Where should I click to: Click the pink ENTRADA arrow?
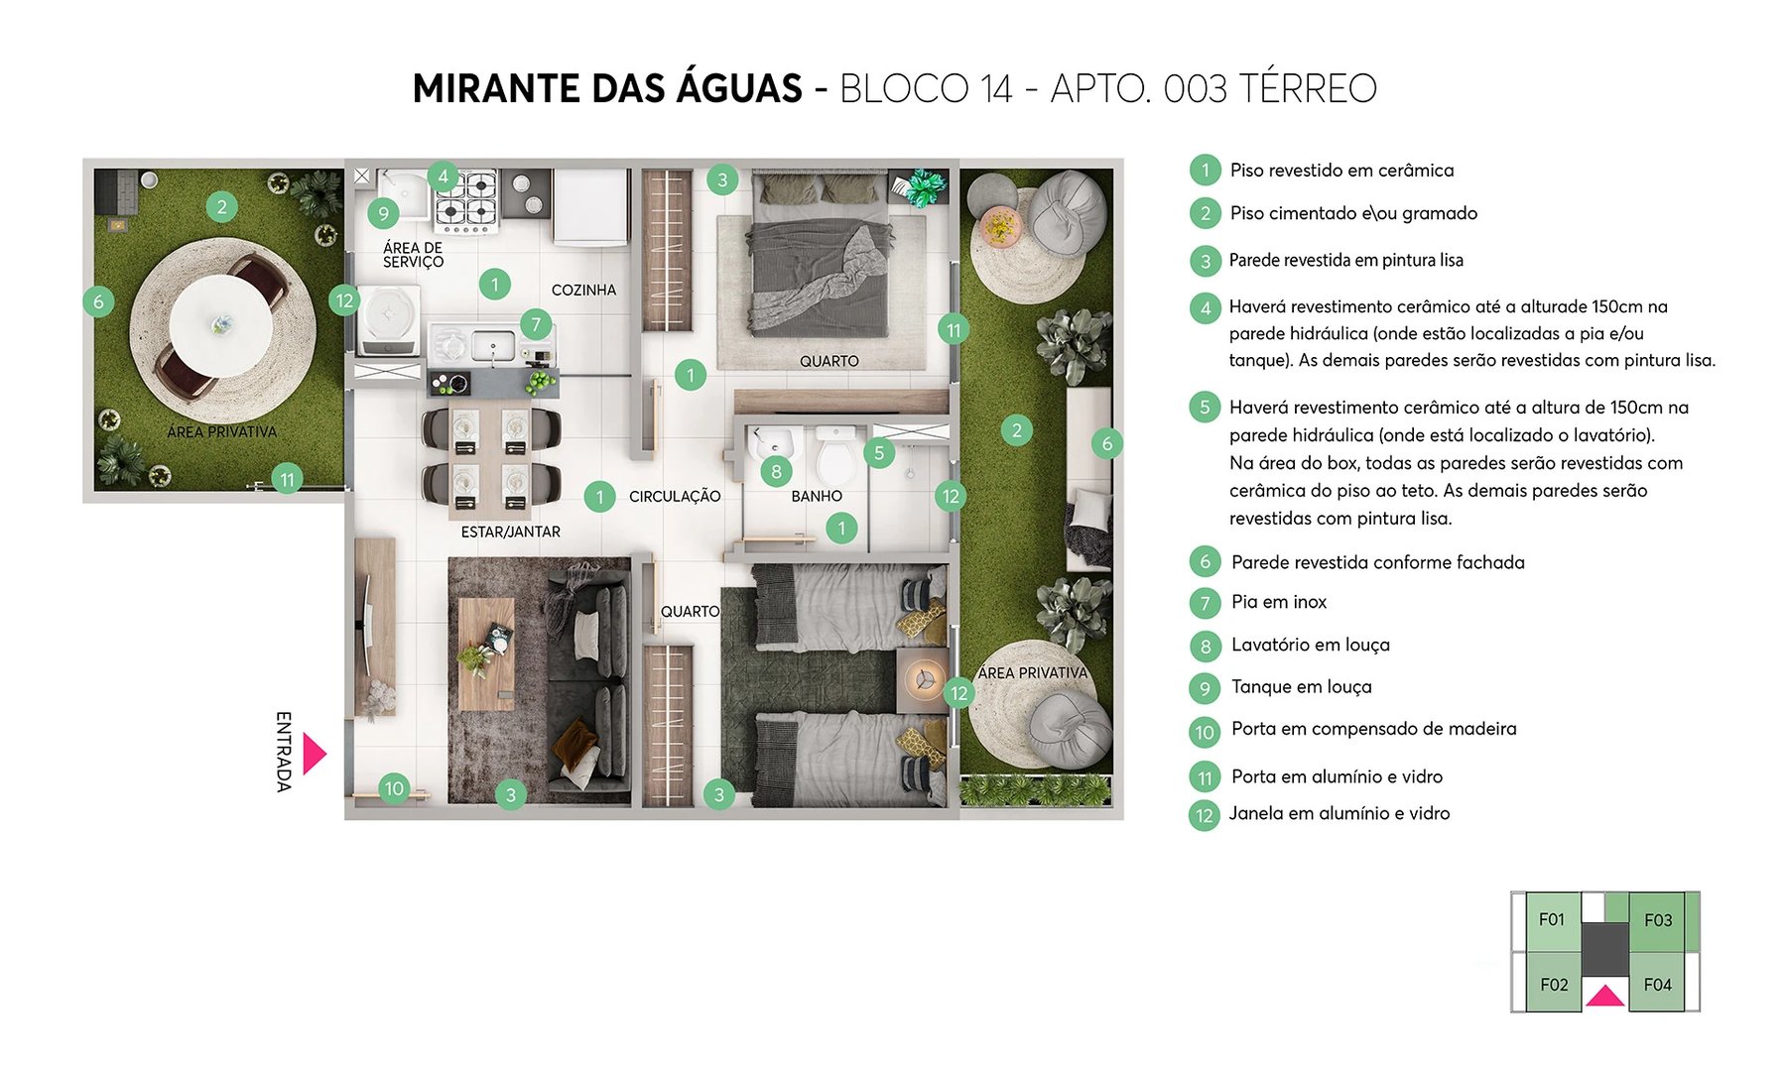click(313, 754)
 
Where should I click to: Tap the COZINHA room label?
click(583, 291)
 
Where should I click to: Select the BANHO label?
click(816, 496)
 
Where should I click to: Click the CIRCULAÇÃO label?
click(675, 496)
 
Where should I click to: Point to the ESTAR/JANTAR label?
click(510, 533)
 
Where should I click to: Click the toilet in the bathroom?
click(835, 457)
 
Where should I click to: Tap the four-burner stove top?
click(465, 199)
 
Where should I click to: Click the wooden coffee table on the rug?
click(486, 654)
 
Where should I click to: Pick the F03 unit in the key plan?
click(1657, 920)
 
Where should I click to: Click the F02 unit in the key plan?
click(1553, 985)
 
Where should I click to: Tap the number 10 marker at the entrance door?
click(394, 788)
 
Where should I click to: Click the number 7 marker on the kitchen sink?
click(536, 324)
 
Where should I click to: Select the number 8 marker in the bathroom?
click(776, 472)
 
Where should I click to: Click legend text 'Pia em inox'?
click(1278, 602)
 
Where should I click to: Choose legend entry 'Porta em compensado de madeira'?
click(1373, 729)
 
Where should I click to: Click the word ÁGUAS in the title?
click(738, 88)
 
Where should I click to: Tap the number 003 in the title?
click(1195, 89)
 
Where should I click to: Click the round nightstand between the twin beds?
click(924, 679)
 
